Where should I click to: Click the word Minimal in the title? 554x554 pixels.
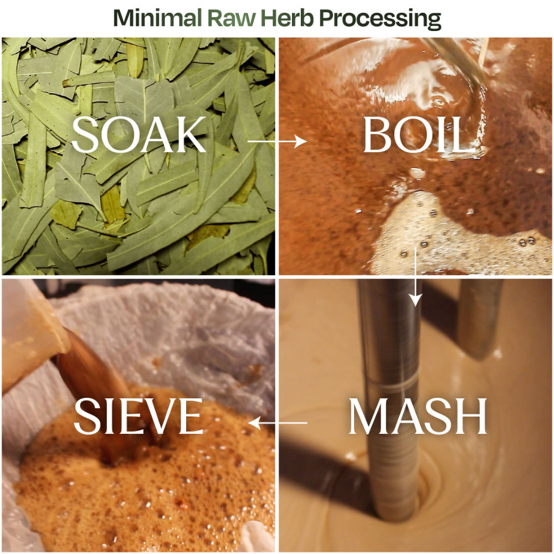pyautogui.click(x=158, y=18)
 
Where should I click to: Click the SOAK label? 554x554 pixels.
pyautogui.click(x=139, y=135)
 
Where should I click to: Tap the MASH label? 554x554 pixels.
pyautogui.click(x=418, y=416)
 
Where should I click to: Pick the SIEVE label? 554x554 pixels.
pyautogui.click(x=138, y=416)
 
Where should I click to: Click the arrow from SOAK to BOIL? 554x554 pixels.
pyautogui.click(x=277, y=141)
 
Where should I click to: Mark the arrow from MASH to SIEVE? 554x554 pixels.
pyautogui.click(x=278, y=423)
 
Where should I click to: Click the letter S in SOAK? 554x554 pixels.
pyautogui.click(x=84, y=135)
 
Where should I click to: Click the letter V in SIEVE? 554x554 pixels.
pyautogui.click(x=160, y=416)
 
